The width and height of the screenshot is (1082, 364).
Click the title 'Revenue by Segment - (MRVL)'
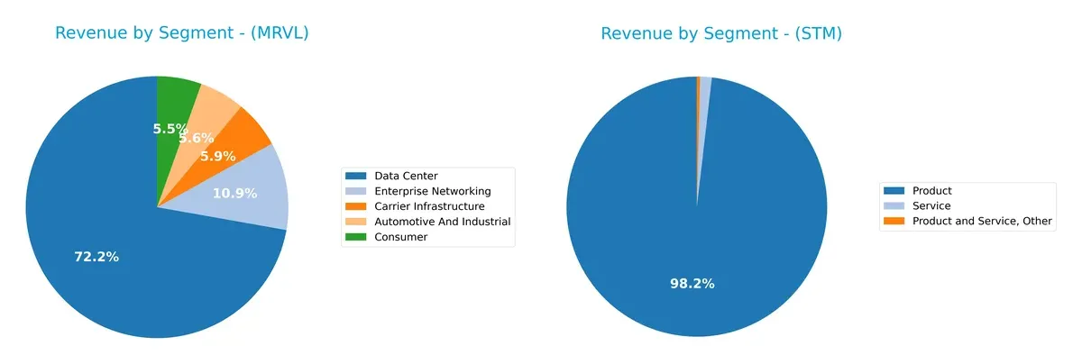182,33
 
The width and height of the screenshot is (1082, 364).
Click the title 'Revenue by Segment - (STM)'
721,33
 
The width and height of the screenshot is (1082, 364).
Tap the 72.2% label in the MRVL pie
96,257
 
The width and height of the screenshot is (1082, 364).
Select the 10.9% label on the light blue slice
234,193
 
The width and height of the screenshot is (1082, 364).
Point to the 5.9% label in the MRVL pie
217,156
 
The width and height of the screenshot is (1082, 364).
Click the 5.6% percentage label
196,138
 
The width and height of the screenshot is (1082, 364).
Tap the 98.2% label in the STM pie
692,283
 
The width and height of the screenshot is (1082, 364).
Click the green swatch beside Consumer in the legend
357,237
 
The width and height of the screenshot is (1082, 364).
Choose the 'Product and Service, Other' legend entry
982,221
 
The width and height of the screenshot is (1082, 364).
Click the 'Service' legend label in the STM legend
931,205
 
